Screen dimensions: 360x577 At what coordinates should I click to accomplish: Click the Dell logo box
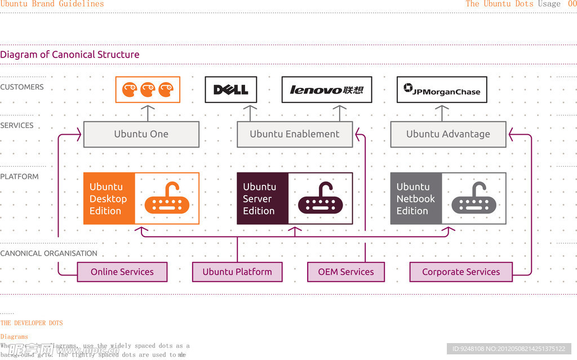click(230, 90)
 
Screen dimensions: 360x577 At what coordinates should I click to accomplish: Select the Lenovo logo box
click(326, 90)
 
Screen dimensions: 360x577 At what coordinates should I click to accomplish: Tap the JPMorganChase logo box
click(442, 90)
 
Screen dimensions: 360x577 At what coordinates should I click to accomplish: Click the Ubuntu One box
click(141, 134)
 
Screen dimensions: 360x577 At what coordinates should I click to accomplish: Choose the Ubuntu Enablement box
click(295, 134)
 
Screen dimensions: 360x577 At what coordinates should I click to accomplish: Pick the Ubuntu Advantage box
click(448, 134)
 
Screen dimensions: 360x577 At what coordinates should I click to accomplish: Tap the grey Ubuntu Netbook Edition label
click(416, 198)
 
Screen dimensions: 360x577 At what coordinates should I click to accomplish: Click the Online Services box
click(122, 272)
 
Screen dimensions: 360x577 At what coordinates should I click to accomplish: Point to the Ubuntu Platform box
click(237, 272)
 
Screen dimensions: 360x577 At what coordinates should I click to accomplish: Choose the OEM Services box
click(346, 272)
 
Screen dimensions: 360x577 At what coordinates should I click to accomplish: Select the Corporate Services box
click(461, 272)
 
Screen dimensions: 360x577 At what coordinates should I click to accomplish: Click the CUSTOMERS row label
click(22, 87)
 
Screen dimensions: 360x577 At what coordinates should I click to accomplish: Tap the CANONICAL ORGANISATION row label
click(48, 254)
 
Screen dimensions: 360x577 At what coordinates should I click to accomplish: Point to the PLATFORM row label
click(20, 176)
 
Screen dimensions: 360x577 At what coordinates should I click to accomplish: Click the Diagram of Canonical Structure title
click(70, 55)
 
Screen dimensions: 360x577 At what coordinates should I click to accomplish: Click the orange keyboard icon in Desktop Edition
click(167, 199)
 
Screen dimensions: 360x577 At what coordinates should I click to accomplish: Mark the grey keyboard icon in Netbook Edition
click(474, 199)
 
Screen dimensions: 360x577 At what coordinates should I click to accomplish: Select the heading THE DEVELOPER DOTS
click(32, 323)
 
